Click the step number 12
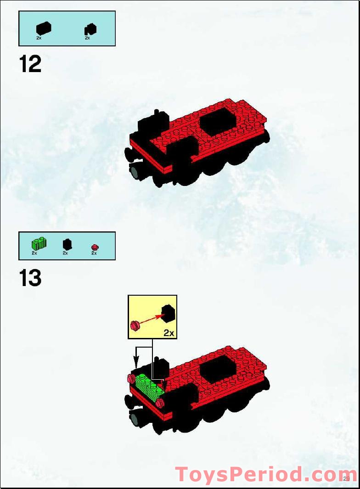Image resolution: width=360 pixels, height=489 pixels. [30, 64]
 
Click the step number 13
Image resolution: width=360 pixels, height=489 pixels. [30, 279]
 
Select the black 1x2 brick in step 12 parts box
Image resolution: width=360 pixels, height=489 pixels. [44, 28]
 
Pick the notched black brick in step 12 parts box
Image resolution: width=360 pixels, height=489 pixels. [90, 29]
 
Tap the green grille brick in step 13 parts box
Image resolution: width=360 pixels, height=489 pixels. [39, 243]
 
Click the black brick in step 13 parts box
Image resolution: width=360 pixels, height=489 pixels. [67, 244]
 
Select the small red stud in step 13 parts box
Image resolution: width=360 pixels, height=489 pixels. [95, 247]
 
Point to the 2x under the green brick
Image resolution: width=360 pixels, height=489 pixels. [34, 253]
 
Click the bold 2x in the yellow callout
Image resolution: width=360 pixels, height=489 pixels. [169, 333]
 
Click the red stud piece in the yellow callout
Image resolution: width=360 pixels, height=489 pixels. [135, 325]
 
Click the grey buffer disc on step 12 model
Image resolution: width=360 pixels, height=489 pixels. [135, 173]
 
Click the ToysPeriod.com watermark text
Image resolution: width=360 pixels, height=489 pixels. [266, 474]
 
